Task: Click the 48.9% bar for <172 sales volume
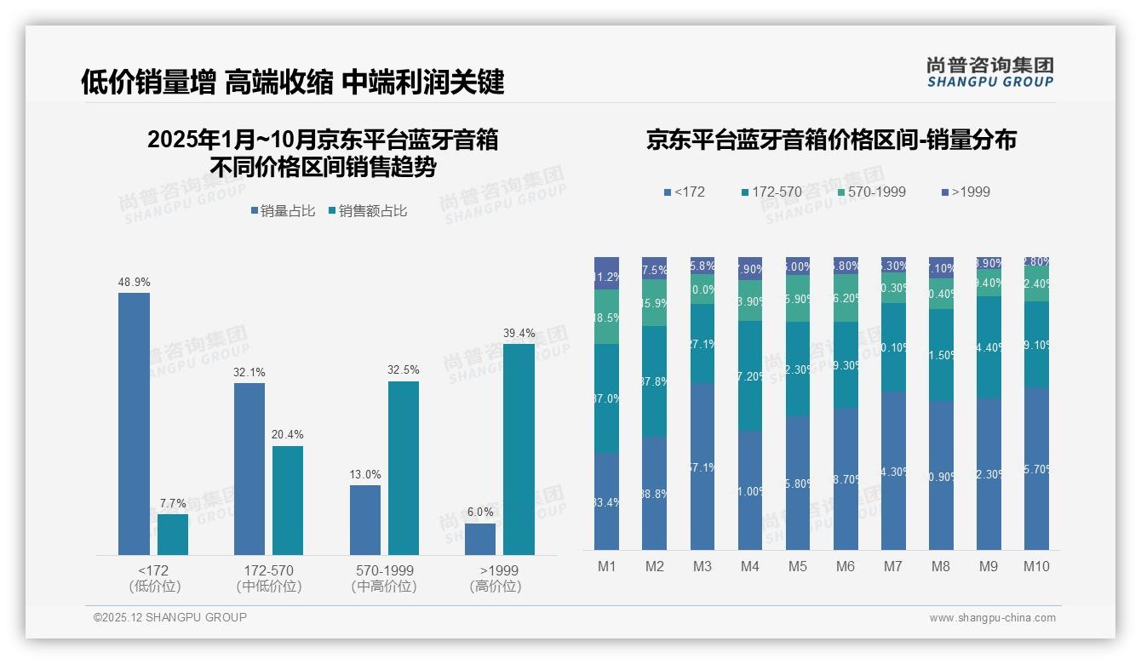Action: pos(134,424)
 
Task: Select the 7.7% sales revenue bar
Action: pos(173,535)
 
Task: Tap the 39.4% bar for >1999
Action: pos(519,449)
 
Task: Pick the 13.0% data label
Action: pos(365,475)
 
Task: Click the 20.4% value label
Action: pos(288,435)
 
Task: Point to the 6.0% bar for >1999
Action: pos(480,539)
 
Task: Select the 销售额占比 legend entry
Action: pos(367,211)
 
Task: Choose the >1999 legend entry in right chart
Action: pos(966,192)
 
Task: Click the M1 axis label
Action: pos(606,566)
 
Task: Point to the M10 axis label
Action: pos(1036,566)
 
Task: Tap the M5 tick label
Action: pos(797,566)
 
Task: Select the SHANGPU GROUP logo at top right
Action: pos(989,72)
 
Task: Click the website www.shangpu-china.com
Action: pos(992,618)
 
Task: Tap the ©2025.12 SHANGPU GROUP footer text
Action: pos(170,617)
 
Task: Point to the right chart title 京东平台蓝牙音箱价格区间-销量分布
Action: pos(831,140)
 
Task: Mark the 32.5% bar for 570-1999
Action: pos(404,468)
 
